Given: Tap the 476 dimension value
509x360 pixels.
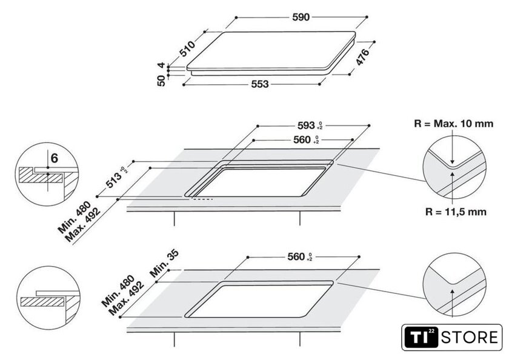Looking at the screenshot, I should [362, 57].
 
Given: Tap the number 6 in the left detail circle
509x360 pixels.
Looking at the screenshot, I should [54, 159].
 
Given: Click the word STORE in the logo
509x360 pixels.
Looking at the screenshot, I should [472, 337].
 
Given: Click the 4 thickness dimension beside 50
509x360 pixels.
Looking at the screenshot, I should [161, 65].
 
